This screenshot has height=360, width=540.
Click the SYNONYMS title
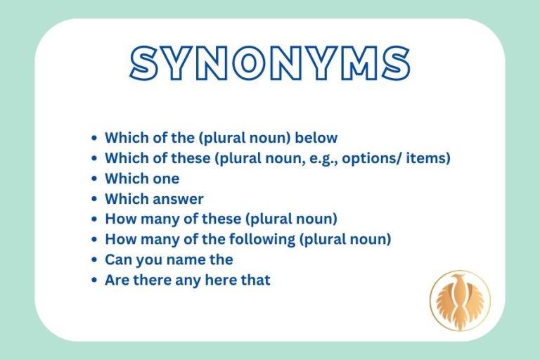[x=270, y=63]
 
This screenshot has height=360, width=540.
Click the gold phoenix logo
[x=459, y=300]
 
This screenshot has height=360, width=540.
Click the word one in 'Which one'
[x=164, y=179]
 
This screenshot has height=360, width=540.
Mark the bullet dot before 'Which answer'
[x=95, y=200]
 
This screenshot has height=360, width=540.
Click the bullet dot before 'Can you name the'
[x=95, y=260]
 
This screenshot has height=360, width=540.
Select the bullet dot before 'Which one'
[x=95, y=179]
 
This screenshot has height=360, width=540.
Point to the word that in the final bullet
[x=255, y=280]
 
